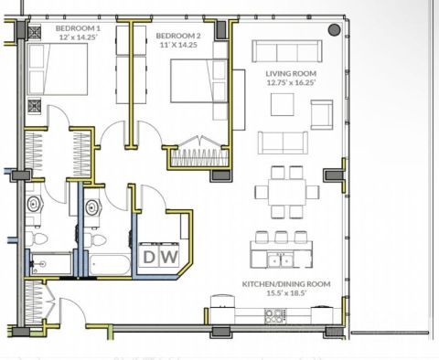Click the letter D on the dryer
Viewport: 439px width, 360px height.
click(149, 257)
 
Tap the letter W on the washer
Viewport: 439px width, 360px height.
click(169, 257)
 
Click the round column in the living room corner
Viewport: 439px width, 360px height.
click(334, 30)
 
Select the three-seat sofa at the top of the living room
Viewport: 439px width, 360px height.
click(287, 51)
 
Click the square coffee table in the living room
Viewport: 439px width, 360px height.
click(283, 104)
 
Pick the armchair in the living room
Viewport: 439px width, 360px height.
click(322, 115)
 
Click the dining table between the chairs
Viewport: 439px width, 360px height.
click(287, 192)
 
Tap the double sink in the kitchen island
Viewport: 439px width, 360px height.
click(280, 260)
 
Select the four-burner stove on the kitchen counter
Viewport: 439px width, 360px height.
click(275, 316)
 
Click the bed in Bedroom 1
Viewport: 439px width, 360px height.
click(58, 69)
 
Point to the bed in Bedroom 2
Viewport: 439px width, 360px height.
click(199, 80)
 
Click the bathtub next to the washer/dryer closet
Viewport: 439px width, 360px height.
click(111, 265)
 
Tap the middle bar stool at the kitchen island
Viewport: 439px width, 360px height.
click(281, 237)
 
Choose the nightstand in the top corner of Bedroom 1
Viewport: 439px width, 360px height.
click(35, 32)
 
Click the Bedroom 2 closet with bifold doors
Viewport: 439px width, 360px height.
click(199, 154)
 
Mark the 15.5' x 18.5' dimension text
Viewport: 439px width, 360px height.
click(286, 293)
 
